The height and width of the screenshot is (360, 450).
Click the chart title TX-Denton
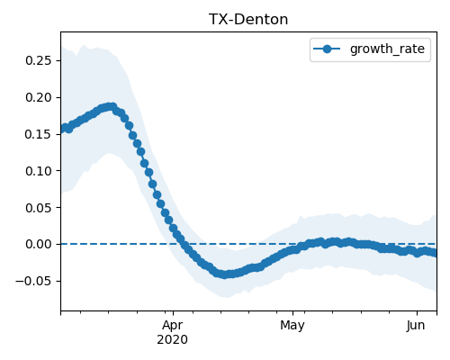point(248,20)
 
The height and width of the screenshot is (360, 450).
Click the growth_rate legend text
point(387,49)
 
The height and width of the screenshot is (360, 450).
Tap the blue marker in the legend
point(327,49)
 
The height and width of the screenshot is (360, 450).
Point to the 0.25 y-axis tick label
point(39,60)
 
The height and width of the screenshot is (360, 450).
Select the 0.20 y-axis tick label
point(39,97)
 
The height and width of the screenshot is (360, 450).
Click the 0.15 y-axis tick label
point(39,134)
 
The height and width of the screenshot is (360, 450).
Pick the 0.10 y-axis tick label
point(39,171)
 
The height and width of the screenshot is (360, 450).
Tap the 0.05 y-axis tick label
point(39,208)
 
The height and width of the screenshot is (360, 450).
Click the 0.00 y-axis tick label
point(39,244)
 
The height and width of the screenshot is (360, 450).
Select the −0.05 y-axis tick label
point(34,281)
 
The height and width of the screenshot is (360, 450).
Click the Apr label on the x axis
point(173,326)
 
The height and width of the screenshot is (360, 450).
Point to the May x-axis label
point(292,326)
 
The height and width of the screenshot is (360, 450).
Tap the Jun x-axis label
point(416,325)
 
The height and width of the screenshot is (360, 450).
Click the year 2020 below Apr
point(173,339)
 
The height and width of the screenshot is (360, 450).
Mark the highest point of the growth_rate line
point(112,107)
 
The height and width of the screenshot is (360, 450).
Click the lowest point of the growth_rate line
point(224,274)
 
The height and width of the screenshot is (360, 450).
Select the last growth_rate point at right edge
point(435,254)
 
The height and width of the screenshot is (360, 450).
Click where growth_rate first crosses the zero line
point(182,244)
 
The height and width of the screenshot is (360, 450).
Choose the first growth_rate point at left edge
point(63,129)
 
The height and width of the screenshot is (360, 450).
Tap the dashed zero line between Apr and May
point(233,244)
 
